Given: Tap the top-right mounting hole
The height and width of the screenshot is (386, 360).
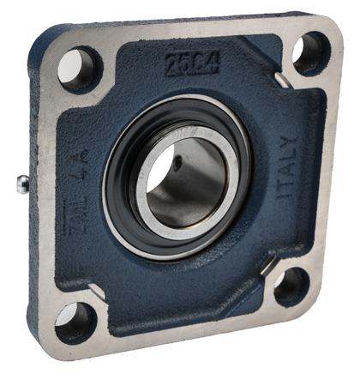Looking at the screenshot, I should (310, 53).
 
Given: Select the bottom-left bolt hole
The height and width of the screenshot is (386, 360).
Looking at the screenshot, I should (75, 323).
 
